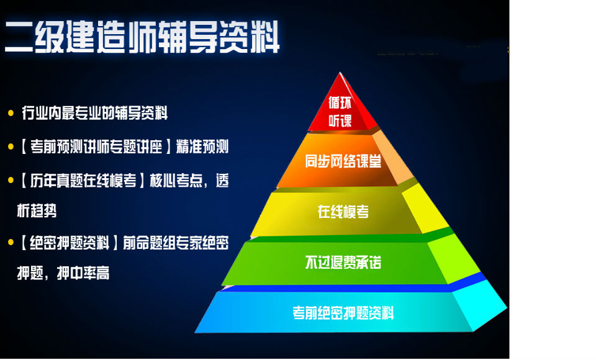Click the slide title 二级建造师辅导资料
142,37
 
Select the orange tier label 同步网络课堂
343,161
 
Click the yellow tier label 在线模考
343,212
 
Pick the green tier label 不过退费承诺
343,262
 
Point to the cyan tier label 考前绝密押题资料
343,312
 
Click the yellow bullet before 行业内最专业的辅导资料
11,113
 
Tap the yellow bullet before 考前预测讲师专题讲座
11,146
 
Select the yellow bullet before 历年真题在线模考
11,180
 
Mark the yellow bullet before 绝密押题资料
11,243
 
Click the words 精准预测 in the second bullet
202,146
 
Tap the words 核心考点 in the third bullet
176,180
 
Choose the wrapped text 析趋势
37,210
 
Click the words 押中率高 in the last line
83,272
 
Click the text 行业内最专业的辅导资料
94,113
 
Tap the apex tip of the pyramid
340,72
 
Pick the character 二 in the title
19,37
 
